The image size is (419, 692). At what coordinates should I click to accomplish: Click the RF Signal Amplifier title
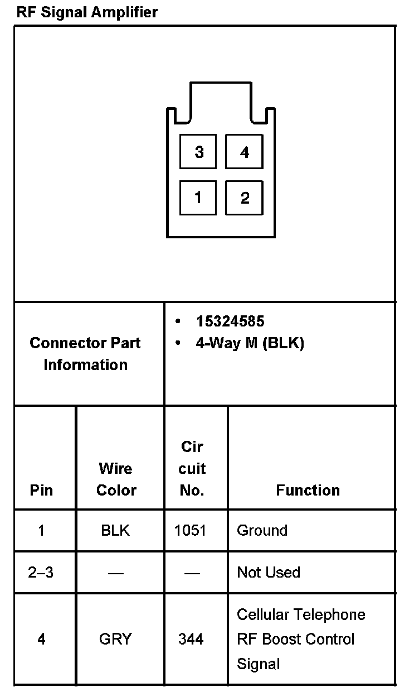[x=87, y=12]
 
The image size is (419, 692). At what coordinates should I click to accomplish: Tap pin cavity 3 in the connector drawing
[x=198, y=151]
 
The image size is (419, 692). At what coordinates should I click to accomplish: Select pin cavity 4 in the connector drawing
[x=244, y=151]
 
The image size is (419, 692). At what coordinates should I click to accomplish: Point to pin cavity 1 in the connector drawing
[x=198, y=197]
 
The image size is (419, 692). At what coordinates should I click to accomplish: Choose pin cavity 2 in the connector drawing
[x=244, y=197]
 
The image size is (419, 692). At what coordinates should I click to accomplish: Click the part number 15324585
[x=230, y=321]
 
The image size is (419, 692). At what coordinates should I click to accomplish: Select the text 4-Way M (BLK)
[x=250, y=343]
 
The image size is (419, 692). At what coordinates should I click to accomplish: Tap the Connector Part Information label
[x=85, y=354]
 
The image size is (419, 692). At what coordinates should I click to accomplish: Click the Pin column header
[x=42, y=490]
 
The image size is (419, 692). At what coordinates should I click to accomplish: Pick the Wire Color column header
[x=116, y=479]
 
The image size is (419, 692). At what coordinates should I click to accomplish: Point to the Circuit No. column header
[x=192, y=469]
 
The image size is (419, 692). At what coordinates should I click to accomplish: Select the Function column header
[x=308, y=490]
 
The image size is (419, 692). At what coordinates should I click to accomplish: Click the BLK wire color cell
[x=115, y=530]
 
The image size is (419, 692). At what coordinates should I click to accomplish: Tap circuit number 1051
[x=190, y=530]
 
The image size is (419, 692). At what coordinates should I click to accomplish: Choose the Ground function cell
[x=262, y=530]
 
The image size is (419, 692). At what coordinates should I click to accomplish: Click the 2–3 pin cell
[x=41, y=573]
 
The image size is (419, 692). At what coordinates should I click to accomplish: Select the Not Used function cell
[x=268, y=573]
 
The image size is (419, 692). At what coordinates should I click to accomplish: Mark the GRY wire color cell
[x=115, y=639]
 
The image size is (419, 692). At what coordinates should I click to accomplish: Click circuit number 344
[x=191, y=639]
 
